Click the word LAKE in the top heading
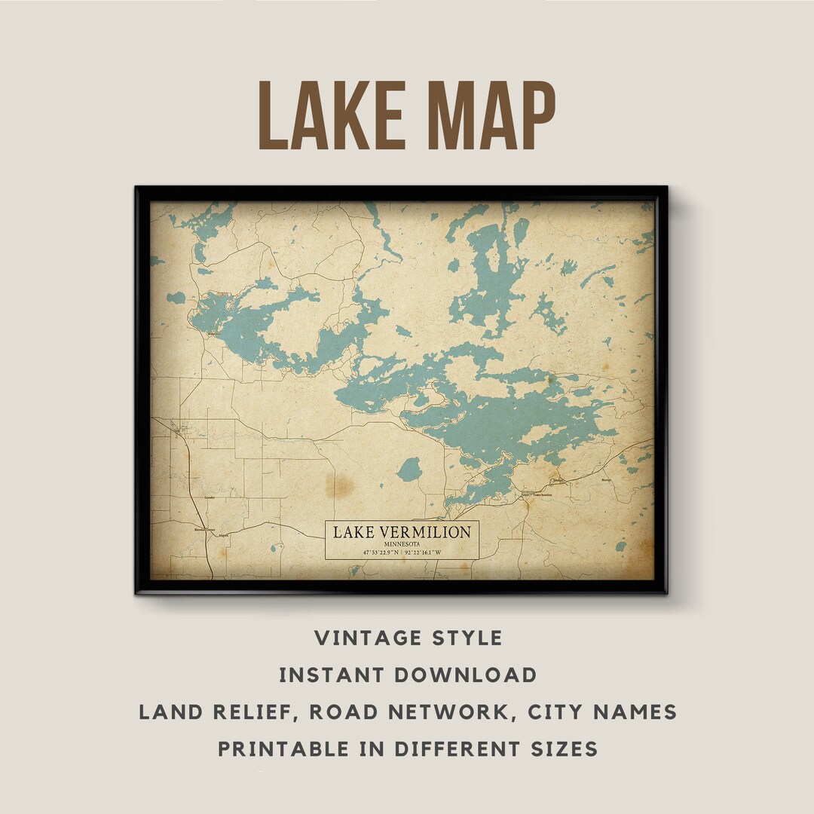click(328, 115)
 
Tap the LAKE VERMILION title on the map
click(402, 532)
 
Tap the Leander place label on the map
click(210, 498)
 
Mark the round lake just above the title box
click(409, 470)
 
